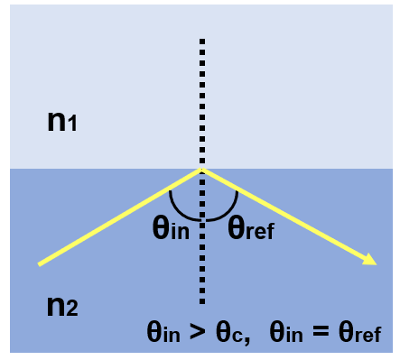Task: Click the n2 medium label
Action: pos(62,306)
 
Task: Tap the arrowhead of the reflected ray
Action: pos(371,262)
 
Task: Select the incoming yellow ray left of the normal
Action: pos(117,217)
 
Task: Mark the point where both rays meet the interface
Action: pos(201,169)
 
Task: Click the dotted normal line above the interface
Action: pos(201,99)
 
